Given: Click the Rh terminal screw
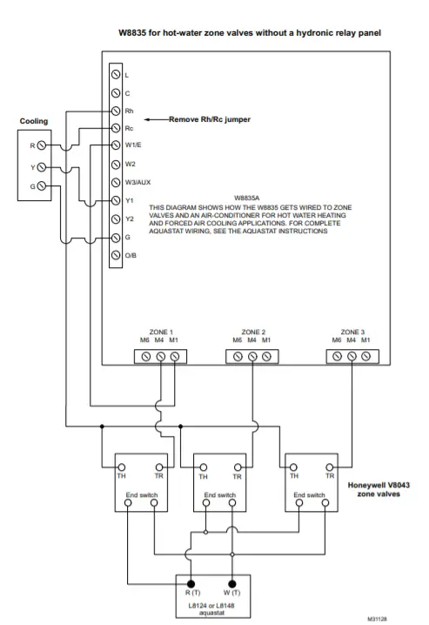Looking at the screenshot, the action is click(116, 111).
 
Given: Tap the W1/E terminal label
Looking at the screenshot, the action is click(133, 145).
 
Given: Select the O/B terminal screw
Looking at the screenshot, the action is click(116, 255).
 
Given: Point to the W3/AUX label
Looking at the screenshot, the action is click(137, 183).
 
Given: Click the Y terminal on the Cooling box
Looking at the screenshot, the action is click(42, 167).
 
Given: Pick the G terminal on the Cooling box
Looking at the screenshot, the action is click(42, 186).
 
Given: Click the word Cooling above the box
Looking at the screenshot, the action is click(34, 121).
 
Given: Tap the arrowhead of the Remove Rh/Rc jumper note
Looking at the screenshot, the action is click(146, 119).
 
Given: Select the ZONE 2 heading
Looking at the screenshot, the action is click(253, 332).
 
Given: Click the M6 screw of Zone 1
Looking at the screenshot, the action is click(146, 357).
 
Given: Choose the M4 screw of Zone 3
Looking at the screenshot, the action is click(352, 356).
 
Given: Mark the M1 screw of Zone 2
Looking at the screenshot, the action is click(266, 356).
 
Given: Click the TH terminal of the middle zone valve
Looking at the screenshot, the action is click(203, 467).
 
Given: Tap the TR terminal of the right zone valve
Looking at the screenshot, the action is click(330, 467).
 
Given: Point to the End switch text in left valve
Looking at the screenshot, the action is click(142, 495).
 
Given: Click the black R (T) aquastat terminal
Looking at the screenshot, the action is click(191, 584).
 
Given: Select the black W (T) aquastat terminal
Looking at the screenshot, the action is click(232, 584).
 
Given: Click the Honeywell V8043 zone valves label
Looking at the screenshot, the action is click(379, 489).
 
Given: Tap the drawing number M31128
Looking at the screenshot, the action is click(377, 619).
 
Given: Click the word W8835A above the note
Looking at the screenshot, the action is click(246, 198).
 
